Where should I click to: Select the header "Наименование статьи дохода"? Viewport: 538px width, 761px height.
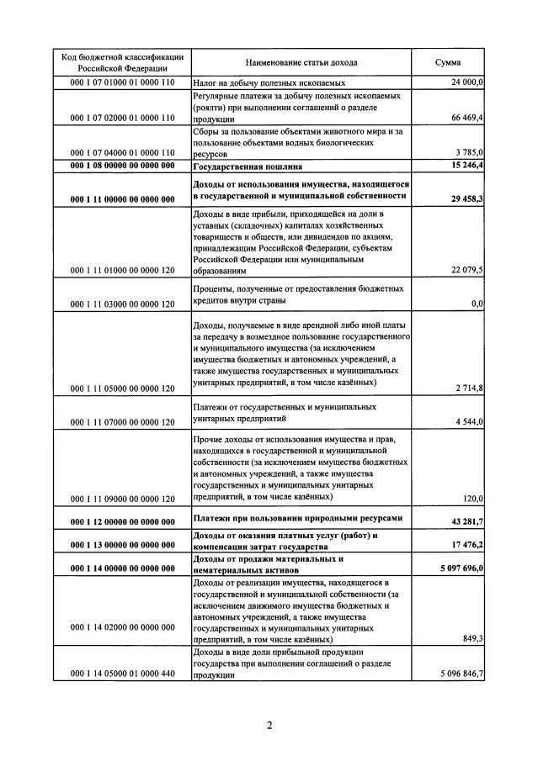(301, 62)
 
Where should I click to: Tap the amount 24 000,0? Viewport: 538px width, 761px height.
(466, 83)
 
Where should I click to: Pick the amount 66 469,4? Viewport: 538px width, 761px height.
(466, 119)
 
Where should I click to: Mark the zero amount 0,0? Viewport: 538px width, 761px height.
(477, 303)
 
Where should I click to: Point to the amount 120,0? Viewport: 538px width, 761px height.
(472, 499)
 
